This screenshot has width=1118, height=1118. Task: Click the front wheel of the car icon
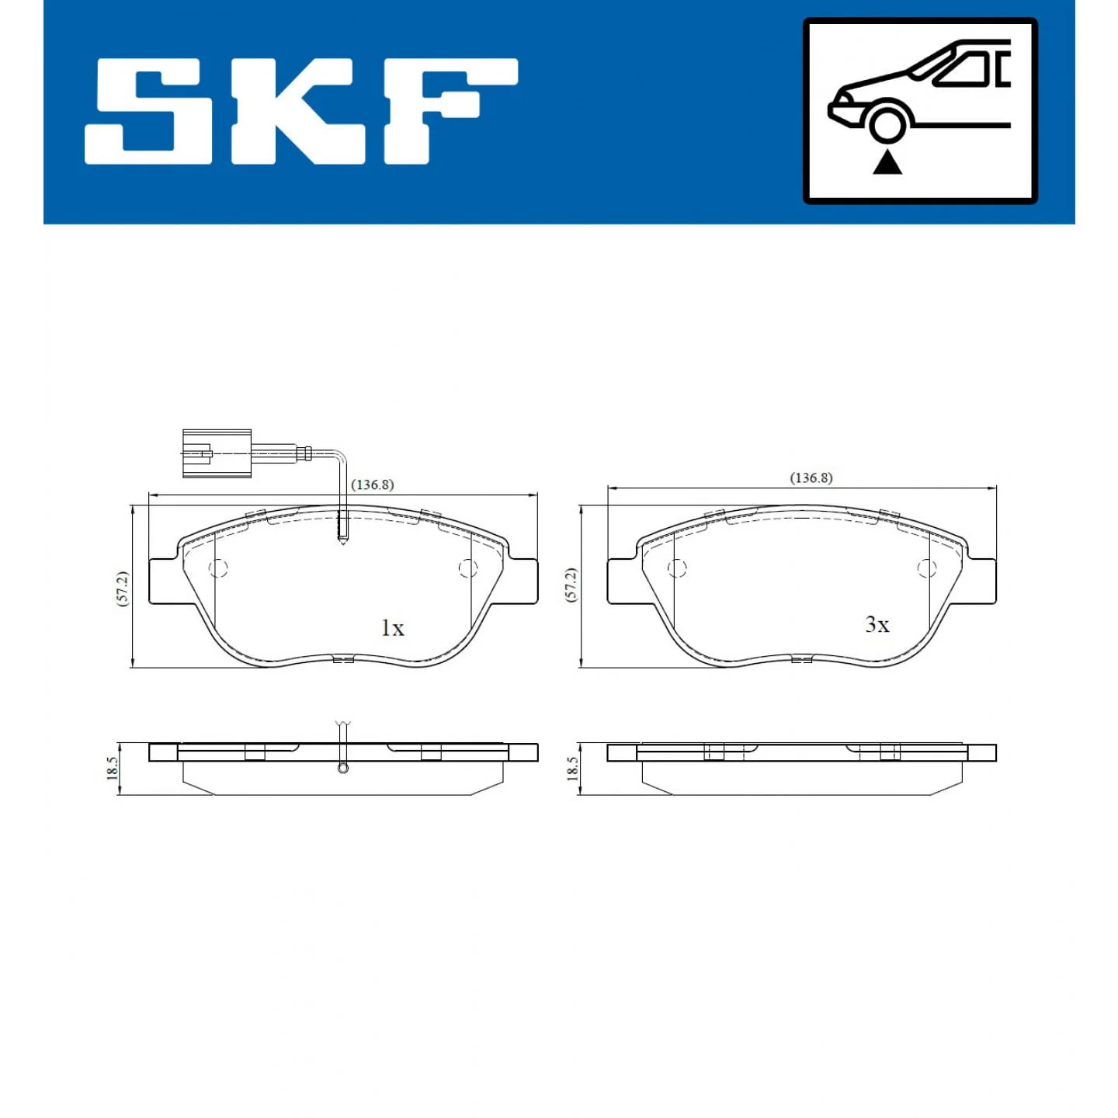887,124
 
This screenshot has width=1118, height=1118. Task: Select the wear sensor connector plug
217,453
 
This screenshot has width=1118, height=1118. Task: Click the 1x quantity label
392,627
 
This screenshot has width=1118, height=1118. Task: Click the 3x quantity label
877,624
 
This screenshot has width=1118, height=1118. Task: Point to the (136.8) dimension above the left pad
373,485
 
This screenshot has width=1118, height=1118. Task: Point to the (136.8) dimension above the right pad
811,478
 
